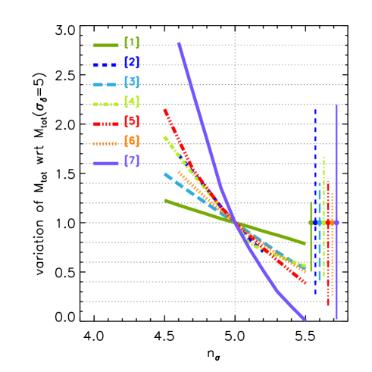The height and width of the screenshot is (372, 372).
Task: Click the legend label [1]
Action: [131, 44]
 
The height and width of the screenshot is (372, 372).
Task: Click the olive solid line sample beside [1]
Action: [105, 45]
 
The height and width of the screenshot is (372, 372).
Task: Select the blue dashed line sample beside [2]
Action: [105, 64]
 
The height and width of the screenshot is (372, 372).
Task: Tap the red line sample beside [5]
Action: [105, 123]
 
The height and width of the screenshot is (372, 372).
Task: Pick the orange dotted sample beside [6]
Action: [105, 143]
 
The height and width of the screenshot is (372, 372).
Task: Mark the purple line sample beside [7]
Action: [105, 163]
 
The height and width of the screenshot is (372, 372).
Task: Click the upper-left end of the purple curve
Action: [179, 43]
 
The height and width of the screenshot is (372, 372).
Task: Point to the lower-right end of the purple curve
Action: [305, 320]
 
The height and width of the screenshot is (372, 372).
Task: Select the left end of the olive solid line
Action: [165, 200]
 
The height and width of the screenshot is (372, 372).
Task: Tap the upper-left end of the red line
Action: [164, 111]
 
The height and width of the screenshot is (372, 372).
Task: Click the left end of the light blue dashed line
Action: [164, 174]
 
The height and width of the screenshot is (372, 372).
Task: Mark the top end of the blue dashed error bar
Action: [315, 110]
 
